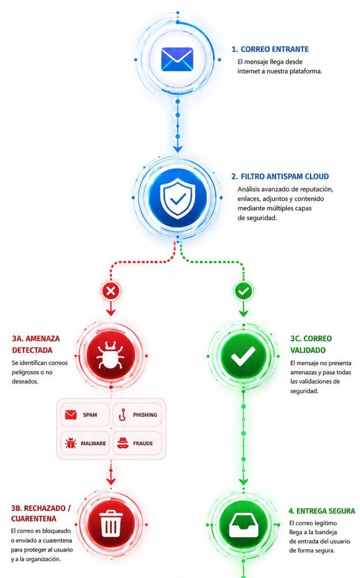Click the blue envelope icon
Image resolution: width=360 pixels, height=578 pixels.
177,59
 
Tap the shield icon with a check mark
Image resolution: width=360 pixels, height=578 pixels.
177,198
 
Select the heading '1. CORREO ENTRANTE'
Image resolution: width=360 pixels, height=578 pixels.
270,49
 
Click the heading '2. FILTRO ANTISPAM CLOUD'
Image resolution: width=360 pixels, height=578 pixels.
280,176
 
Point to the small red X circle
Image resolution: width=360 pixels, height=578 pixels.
111,291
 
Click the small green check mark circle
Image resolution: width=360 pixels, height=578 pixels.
243,291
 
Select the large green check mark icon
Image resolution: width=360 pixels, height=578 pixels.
243,356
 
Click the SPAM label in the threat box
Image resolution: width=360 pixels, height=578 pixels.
90,415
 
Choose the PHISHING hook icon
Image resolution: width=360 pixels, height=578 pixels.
123,415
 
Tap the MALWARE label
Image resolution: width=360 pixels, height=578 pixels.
93,444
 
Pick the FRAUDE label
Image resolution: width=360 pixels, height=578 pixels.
143,444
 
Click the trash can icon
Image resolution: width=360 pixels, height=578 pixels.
111,524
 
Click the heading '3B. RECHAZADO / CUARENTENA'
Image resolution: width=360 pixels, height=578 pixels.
40,513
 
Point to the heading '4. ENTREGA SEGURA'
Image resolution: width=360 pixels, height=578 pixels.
321,511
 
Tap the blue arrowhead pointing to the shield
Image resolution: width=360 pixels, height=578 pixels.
177,149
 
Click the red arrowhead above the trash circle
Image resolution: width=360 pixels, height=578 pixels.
111,481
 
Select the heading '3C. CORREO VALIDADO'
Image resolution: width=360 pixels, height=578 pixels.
311,344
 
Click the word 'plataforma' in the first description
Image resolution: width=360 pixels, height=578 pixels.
305,71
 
